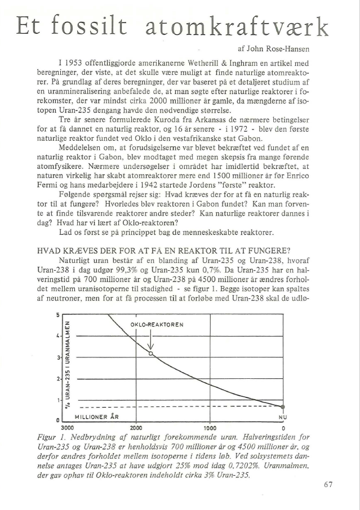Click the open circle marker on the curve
pos(151,353)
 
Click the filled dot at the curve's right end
pos(283,406)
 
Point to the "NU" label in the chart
pos(283,417)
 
